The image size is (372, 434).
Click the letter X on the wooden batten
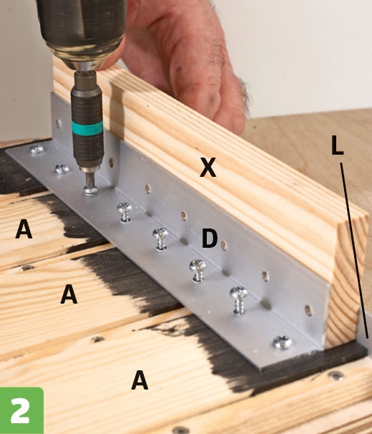tap(207, 168)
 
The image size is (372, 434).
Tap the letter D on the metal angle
tap(210, 238)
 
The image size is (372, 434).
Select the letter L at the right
tap(337, 145)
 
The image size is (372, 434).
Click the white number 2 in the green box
tap(20, 410)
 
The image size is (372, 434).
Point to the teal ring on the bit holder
tap(87, 128)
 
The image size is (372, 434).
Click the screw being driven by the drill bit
tap(90, 191)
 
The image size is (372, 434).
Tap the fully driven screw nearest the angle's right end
tap(283, 342)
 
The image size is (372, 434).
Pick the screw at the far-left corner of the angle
tap(36, 150)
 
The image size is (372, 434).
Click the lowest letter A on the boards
tap(139, 380)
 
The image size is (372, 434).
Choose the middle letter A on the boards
tap(69, 294)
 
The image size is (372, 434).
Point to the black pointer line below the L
tap(354, 250)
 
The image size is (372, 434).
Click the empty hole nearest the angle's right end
tap(308, 311)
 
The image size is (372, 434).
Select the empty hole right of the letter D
tap(224, 245)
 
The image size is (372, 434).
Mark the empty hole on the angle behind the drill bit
tap(111, 163)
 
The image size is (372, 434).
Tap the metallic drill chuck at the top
tap(82, 33)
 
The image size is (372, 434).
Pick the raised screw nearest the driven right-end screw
tap(238, 301)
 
